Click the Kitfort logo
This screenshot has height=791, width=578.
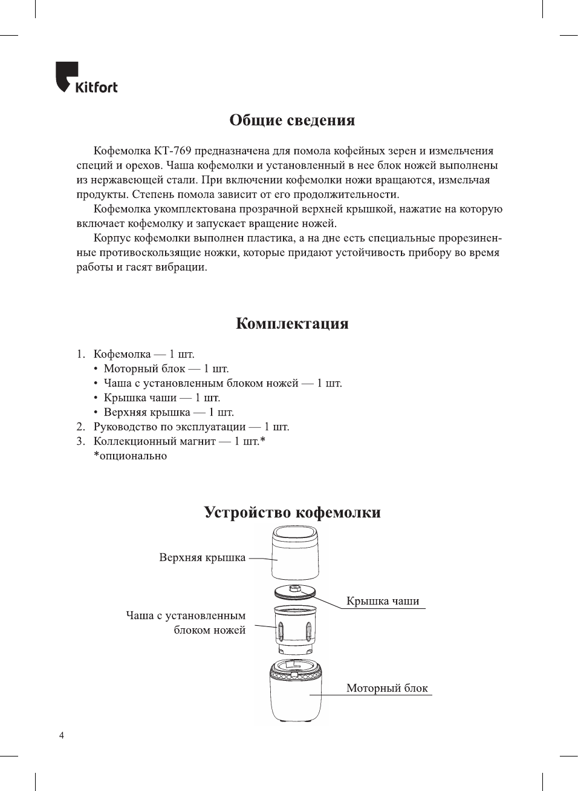86,78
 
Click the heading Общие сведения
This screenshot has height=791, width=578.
292,120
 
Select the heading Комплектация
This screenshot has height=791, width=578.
292,323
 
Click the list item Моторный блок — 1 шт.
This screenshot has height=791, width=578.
166,369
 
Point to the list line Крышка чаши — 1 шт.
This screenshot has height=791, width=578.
161,398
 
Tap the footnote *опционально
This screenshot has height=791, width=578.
130,456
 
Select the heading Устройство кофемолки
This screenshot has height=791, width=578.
292,512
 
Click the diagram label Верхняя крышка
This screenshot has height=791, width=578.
202,557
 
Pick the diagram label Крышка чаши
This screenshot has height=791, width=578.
383,601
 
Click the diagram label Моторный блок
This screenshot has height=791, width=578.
387,688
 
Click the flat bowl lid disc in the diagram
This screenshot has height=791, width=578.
295,592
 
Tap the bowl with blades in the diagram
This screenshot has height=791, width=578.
295,629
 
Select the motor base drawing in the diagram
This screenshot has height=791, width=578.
295,693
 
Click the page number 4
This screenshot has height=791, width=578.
61,735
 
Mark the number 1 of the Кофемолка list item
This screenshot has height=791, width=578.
80,354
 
